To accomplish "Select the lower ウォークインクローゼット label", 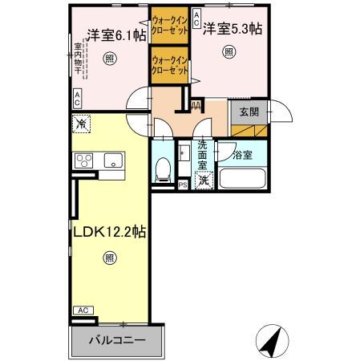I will (x=170, y=65).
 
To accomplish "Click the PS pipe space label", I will (x=183, y=185).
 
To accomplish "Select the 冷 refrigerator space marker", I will (x=80, y=124).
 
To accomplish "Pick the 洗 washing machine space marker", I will (x=203, y=180).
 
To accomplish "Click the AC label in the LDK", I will (x=81, y=310).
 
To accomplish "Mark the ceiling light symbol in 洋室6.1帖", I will (x=108, y=58).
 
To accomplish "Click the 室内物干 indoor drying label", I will (x=79, y=59).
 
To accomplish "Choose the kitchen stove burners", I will (x=84, y=160).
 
